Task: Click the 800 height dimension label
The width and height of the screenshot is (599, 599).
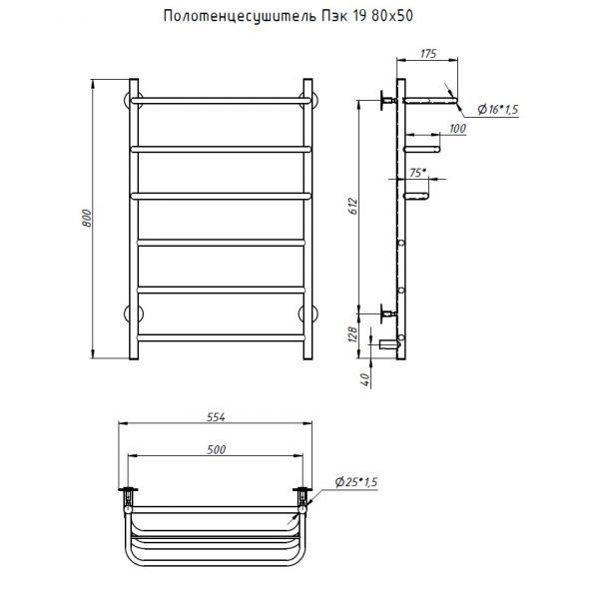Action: [87, 219]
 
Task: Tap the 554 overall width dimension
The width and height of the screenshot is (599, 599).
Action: [216, 417]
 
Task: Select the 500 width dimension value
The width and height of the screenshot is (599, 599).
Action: [217, 449]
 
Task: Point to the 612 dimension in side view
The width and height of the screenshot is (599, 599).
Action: [353, 207]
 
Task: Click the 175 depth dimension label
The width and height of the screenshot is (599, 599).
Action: [428, 54]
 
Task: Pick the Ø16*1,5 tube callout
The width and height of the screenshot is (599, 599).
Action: [498, 110]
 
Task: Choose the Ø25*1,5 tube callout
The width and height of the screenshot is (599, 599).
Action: [356, 482]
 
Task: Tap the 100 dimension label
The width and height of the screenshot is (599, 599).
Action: [457, 129]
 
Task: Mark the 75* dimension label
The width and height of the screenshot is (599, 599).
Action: [418, 173]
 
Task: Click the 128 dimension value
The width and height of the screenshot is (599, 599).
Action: [353, 334]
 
